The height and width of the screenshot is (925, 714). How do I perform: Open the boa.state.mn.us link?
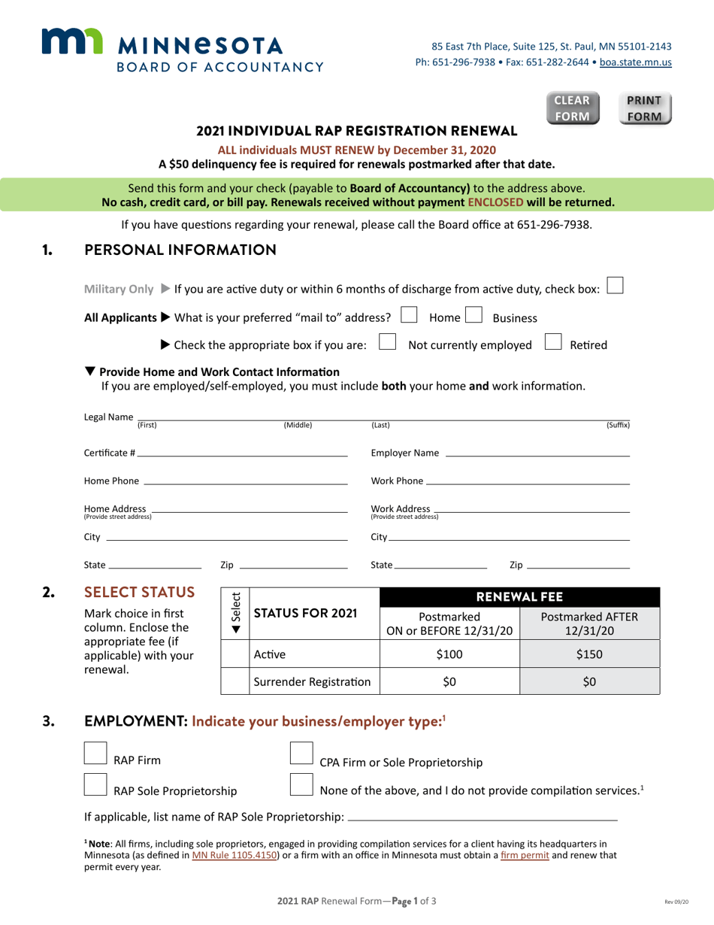[x=635, y=62]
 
